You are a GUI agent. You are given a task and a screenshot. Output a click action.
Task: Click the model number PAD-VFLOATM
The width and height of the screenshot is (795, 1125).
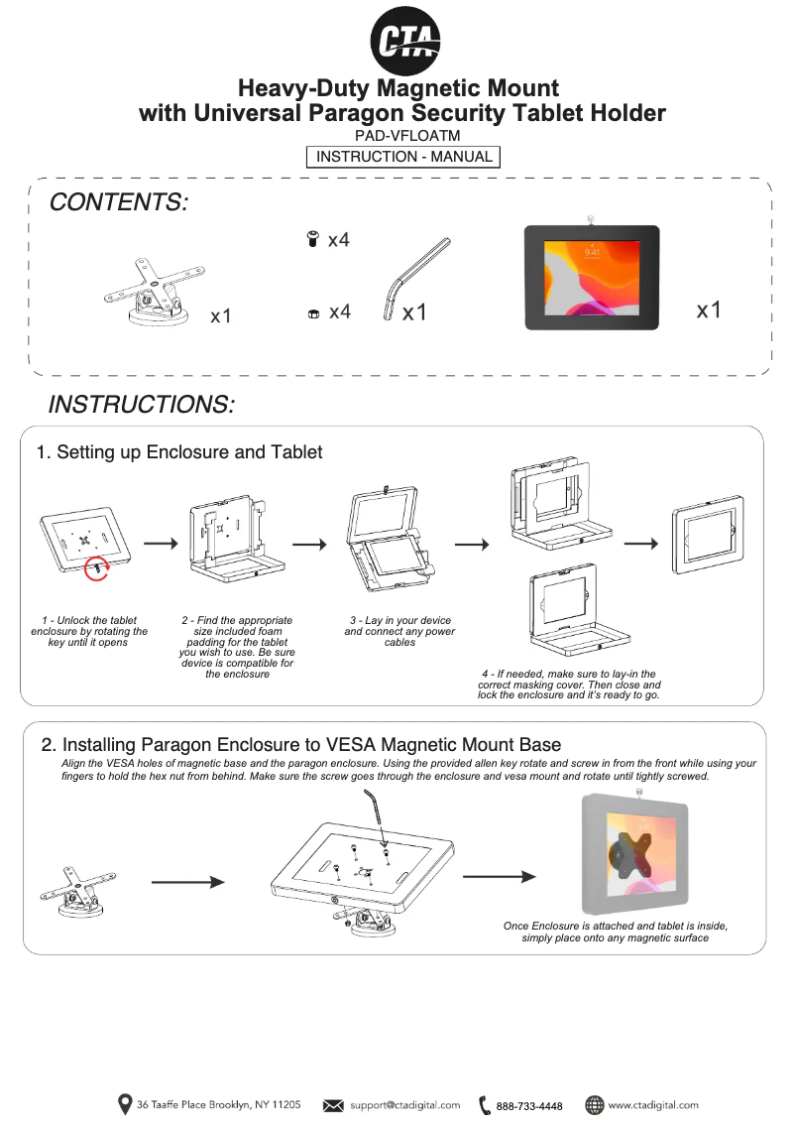pos(406,137)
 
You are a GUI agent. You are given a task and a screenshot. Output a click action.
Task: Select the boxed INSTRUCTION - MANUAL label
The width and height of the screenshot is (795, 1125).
pos(403,157)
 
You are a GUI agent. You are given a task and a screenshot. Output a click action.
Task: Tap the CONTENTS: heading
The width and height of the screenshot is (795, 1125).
pos(118,203)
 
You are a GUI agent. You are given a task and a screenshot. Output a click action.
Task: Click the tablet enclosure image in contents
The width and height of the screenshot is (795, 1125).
pos(592,277)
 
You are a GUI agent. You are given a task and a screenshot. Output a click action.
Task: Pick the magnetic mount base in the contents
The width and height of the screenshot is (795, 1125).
pos(150,295)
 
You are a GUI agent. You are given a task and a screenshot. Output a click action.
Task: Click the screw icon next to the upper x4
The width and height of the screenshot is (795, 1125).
pos(312,239)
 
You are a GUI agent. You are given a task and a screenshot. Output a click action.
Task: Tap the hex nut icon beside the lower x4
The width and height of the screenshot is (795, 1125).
pos(312,313)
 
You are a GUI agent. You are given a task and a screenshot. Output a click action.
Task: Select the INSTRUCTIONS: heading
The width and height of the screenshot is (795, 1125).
pos(141,405)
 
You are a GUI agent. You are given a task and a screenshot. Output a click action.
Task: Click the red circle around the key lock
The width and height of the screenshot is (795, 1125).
pos(97,568)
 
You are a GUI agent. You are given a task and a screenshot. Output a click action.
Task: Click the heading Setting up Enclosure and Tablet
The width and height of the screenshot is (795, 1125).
pos(179,452)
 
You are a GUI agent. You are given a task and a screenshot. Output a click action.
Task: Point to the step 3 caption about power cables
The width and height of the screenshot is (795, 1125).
pos(399,631)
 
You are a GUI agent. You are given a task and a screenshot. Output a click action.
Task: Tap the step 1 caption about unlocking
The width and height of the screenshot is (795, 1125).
pos(89,631)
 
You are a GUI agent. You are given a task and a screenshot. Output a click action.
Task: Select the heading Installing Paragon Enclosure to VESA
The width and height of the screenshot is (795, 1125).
pos(300,744)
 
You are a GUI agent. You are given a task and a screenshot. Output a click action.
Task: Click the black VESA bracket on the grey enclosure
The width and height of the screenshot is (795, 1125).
pos(626,856)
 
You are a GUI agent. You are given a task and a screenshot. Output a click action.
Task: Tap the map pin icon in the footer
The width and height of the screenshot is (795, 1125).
pos(125,1104)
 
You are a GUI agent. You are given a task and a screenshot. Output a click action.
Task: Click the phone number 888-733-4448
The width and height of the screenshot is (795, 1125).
pos(529,1106)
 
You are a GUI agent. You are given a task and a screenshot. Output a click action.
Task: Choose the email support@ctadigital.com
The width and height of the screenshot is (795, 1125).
pos(404,1105)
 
